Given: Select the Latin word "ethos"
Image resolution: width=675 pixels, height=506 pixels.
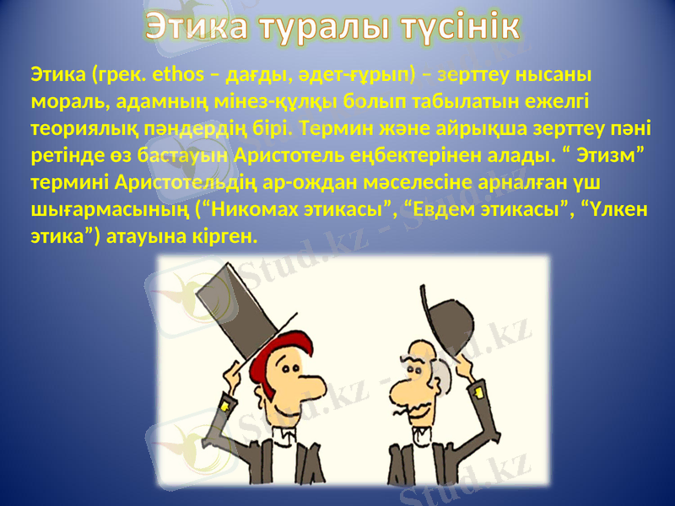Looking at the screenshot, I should [179, 77].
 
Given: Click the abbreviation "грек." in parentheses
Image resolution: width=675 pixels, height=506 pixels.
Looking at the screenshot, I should [125, 77].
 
